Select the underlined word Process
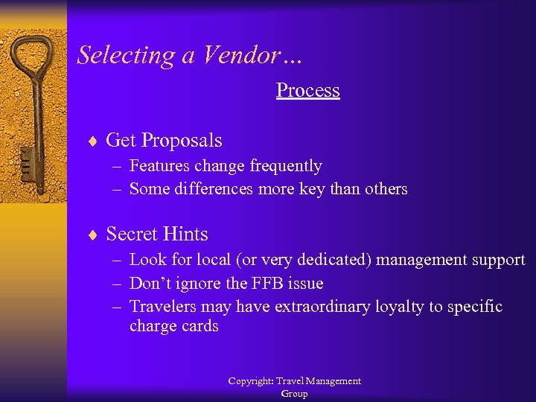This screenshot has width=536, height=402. [307, 90]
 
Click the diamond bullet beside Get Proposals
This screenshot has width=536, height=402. [92, 141]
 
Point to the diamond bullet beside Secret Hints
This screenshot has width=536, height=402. [92, 234]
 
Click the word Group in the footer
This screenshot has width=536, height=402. [294, 394]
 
